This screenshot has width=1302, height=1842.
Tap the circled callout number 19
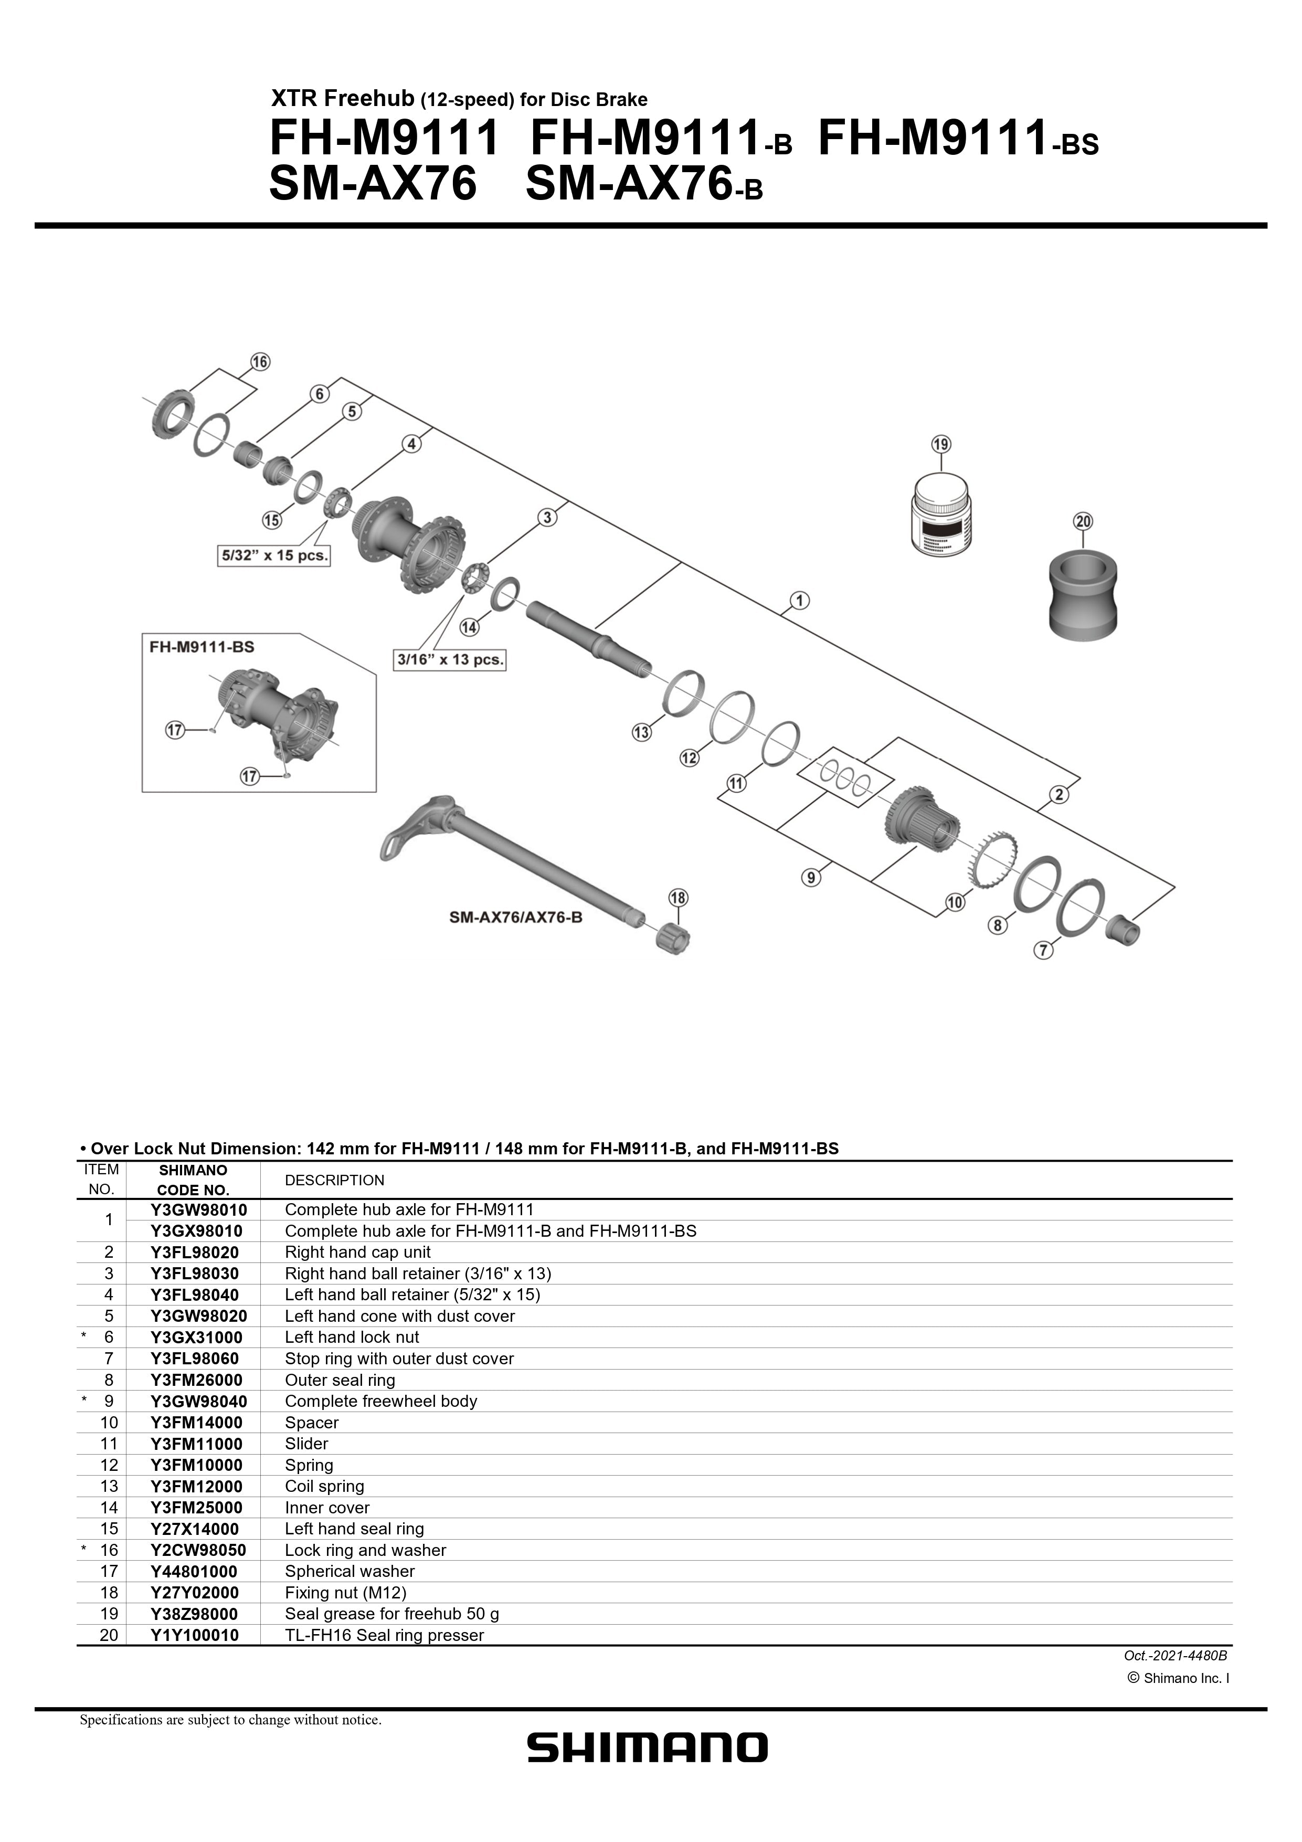click(941, 444)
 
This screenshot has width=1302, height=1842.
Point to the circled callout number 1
click(799, 600)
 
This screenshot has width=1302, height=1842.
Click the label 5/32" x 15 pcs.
click(274, 555)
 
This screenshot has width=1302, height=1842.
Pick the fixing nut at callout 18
click(674, 938)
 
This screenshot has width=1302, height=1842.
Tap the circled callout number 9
click(811, 878)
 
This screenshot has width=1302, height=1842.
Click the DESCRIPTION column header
click(334, 1180)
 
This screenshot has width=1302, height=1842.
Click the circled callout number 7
click(1042, 950)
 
